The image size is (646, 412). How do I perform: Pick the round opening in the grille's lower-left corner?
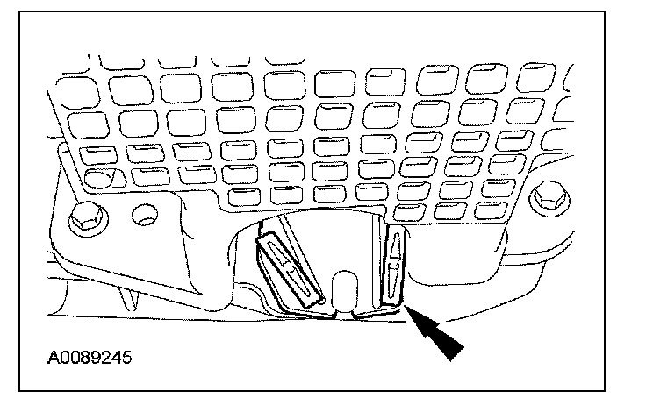[98, 180]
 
